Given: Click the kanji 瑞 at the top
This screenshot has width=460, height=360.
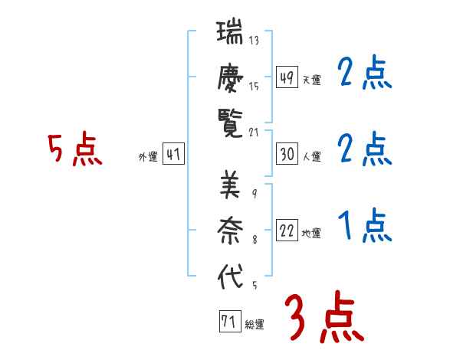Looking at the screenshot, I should point(230,34).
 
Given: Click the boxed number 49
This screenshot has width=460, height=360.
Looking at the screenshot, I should point(287,77).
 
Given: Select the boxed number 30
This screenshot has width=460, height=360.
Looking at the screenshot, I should point(287,155).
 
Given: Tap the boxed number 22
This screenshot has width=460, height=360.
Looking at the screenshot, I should point(287,231).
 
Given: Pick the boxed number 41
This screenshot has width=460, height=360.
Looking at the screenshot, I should point(173,155).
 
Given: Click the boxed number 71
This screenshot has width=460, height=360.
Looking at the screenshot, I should point(228,322).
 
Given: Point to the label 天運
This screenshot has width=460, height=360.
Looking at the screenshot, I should point(311,80).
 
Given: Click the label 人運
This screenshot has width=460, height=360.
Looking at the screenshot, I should point(311,157).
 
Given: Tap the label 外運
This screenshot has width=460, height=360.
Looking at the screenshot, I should point(148,157).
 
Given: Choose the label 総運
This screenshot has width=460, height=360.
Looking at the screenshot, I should point(254,325).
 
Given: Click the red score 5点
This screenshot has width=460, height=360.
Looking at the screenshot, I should point(74,149).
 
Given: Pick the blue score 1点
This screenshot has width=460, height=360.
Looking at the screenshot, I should point(365,226).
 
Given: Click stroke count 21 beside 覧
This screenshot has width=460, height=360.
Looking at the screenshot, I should point(255,132).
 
